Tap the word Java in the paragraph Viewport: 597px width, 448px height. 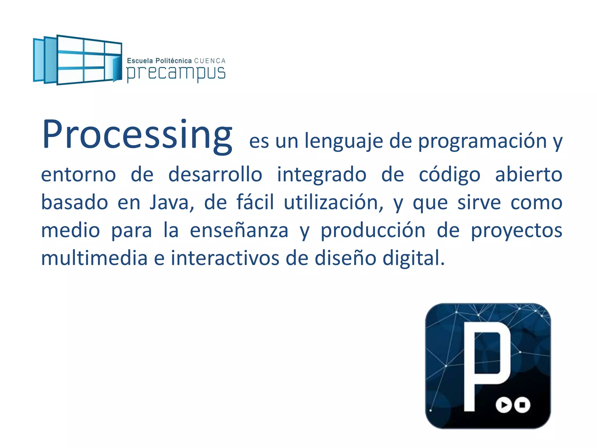(171, 202)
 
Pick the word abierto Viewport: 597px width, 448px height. (528, 174)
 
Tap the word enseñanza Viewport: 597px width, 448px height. (239, 230)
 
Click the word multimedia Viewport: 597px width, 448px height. (94, 258)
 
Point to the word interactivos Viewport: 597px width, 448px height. (225, 258)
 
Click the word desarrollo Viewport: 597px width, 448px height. (215, 174)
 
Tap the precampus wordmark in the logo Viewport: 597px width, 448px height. (176, 73)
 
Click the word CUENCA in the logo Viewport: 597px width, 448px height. (210, 61)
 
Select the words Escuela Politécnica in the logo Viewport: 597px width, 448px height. (159, 61)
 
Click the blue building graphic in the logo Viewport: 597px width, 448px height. (78, 60)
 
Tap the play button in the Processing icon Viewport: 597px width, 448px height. (504, 405)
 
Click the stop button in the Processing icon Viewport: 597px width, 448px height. (522, 405)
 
